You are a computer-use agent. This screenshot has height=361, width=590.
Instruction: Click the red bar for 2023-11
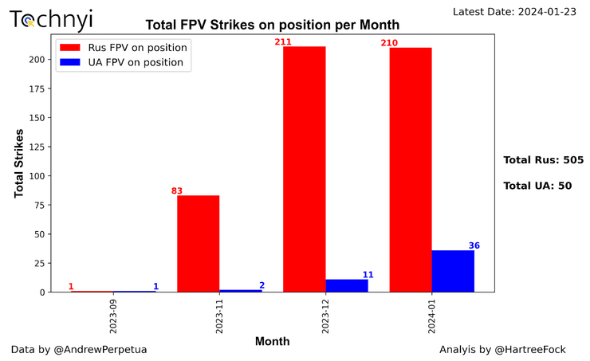[x=198, y=244]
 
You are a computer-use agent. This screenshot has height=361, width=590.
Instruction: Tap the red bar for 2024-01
[x=411, y=170]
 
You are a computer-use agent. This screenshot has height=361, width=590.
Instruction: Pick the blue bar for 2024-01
[x=453, y=272]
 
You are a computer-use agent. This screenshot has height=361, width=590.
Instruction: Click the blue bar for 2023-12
[x=347, y=285]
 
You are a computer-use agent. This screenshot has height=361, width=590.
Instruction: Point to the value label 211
[x=284, y=41]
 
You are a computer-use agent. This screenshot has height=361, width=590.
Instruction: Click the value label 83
[x=177, y=190]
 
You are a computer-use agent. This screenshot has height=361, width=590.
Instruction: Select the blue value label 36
[x=474, y=245]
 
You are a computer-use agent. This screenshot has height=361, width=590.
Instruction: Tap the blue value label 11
[x=368, y=274]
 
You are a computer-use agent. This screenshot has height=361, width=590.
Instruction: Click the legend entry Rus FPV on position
[x=136, y=47]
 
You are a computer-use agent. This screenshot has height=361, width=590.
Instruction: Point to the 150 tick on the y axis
[x=36, y=118]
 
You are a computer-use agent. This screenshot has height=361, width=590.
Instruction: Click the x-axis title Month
[x=272, y=341]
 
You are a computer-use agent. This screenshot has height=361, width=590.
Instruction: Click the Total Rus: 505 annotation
[x=543, y=159]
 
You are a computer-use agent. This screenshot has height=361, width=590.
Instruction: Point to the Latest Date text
[x=518, y=11]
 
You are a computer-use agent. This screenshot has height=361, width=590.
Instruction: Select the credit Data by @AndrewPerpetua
[x=79, y=349]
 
